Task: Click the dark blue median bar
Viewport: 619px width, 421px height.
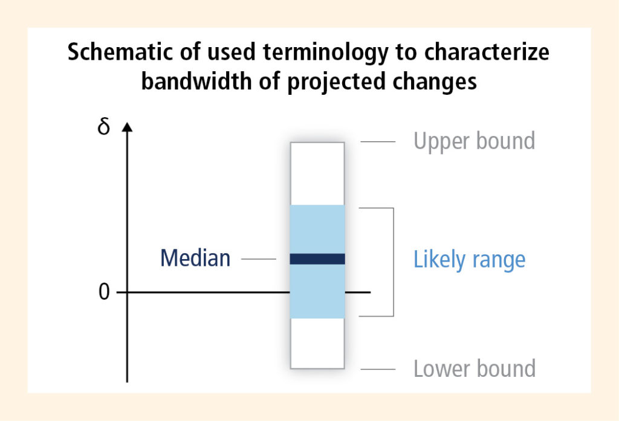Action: tap(317, 259)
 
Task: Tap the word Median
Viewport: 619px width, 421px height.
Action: tap(195, 259)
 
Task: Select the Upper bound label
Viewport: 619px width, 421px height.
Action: tap(474, 141)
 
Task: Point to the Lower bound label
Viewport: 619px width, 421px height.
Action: tap(475, 368)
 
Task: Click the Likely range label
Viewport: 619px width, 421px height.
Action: tap(469, 260)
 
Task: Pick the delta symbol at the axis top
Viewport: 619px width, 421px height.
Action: tap(103, 127)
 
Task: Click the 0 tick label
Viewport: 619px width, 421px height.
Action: tap(104, 292)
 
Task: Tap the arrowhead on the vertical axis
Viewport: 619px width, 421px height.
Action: tap(127, 127)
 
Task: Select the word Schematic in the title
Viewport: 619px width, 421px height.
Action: tap(120, 52)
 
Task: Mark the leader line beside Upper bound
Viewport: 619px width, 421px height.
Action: tap(378, 142)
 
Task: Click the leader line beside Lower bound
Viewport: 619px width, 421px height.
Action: tap(378, 369)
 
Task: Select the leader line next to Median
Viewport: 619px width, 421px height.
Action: tap(259, 259)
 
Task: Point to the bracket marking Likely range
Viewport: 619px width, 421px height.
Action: tap(394, 262)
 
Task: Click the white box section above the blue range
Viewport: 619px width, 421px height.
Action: tap(317, 173)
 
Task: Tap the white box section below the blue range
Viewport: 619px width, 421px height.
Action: tap(317, 343)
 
